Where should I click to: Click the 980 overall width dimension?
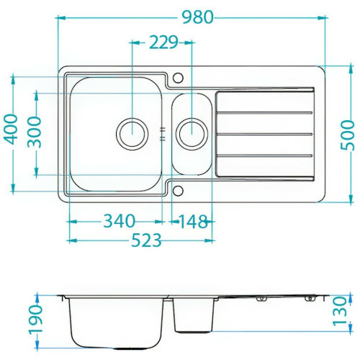[197, 17]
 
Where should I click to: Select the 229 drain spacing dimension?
[164, 42]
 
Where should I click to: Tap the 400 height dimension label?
[11, 130]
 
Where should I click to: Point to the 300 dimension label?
[34, 132]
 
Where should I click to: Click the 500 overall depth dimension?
[348, 135]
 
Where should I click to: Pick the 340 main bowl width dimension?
[120, 221]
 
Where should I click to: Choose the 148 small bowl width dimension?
[193, 222]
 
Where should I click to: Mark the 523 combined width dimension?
[146, 240]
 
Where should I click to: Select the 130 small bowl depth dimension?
[340, 311]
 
